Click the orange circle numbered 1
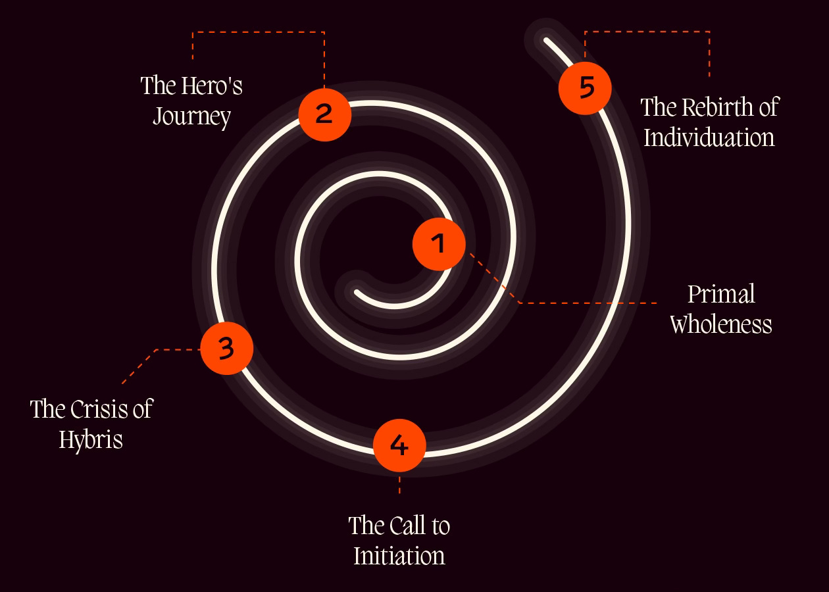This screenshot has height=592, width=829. [439, 244]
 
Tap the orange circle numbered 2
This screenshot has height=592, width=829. [324, 114]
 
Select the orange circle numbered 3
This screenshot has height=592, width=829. [226, 348]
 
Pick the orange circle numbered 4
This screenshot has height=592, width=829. [399, 445]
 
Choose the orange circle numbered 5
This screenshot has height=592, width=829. [585, 87]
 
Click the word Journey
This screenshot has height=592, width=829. [192, 117]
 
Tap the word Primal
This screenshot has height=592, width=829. [721, 294]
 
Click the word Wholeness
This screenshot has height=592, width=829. [721, 324]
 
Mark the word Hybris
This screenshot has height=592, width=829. [91, 439]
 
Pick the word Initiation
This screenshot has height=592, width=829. [399, 556]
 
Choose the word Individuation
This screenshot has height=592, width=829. [709, 137]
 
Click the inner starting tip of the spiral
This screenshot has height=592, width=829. [358, 292]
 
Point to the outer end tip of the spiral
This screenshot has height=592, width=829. [547, 41]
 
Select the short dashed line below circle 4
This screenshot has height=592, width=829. [399, 485]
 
